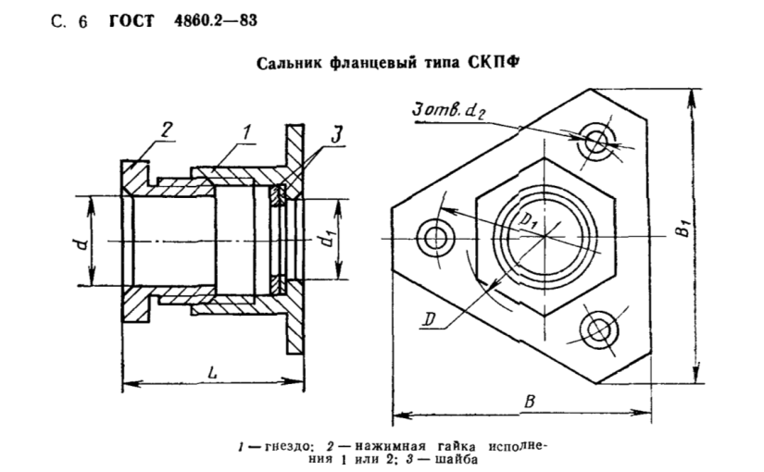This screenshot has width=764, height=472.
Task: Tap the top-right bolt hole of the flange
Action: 598,141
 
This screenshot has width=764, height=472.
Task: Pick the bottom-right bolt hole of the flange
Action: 598,330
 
